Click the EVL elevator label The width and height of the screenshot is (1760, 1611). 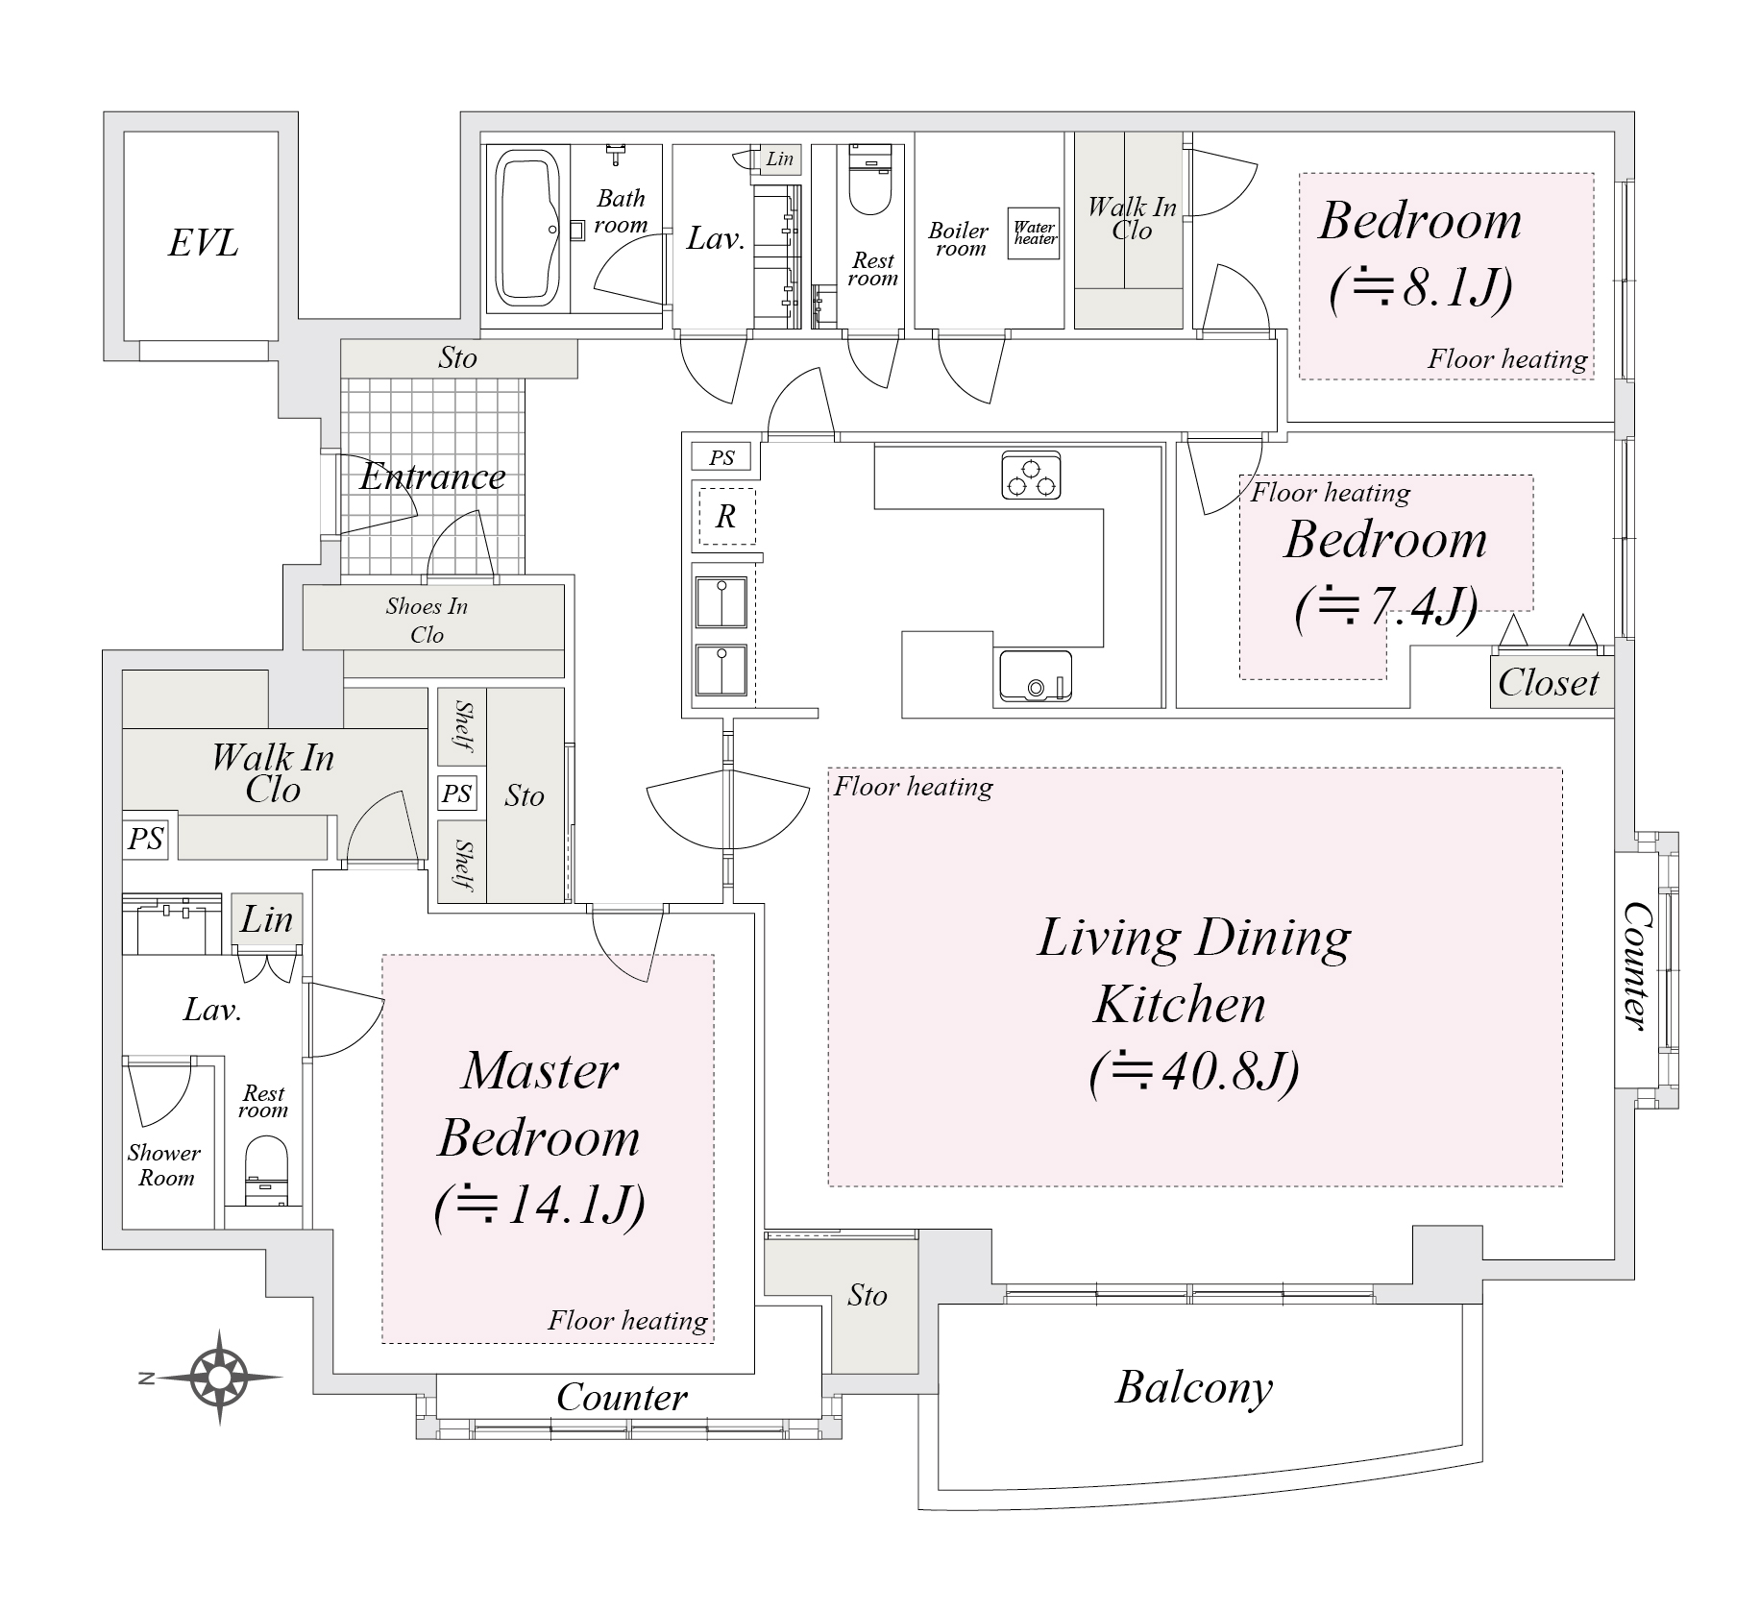point(203,243)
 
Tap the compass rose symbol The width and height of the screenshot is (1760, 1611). point(219,1377)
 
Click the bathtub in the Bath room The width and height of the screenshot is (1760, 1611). point(526,229)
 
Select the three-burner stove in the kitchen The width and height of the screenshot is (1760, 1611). point(1031,475)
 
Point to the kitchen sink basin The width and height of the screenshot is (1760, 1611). point(1035,675)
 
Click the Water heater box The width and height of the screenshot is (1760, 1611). point(1035,232)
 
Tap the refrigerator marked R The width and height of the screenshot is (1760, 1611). point(725,517)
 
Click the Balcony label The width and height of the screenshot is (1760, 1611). point(1193,1387)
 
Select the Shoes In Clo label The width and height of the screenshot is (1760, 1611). point(427,620)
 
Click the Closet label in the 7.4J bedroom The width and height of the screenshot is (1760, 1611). point(1548,683)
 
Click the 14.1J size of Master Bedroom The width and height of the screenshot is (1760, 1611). point(539,1205)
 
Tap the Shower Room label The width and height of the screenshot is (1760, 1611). point(164,1164)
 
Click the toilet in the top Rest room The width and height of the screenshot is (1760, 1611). point(871,187)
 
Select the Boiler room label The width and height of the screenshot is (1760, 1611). point(959,239)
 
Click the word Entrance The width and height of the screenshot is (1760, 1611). point(432,476)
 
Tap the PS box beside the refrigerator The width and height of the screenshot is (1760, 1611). point(721,458)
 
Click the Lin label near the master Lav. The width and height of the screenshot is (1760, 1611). point(266,919)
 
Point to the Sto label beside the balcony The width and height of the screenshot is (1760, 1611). point(867,1295)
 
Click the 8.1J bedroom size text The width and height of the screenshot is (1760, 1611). point(1421,286)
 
